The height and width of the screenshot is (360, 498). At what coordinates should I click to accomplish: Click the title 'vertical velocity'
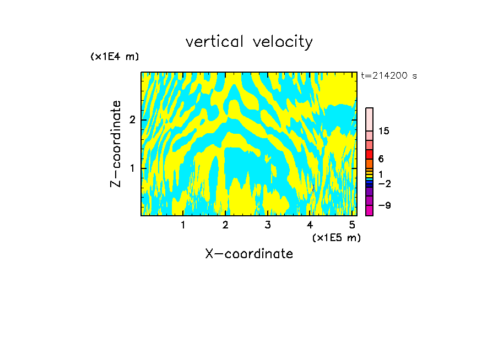249,42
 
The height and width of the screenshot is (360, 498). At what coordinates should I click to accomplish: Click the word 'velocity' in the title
281,42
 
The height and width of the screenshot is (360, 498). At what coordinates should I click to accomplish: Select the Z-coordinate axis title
116,144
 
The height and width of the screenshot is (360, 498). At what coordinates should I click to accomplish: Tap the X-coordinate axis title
249,254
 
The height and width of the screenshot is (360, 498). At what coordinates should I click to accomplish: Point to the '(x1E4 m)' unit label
115,57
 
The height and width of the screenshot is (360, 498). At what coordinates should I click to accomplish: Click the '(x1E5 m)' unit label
336,237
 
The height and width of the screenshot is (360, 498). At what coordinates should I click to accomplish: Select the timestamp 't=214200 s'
389,75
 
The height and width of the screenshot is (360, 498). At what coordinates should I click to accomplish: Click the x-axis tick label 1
183,225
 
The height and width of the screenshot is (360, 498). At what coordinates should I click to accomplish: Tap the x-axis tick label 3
267,225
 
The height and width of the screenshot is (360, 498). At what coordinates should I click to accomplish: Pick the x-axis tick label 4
310,225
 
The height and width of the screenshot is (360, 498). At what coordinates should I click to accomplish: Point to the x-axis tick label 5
352,225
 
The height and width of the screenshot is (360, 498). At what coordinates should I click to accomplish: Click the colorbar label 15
384,131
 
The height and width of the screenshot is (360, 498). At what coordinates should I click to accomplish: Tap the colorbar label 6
381,159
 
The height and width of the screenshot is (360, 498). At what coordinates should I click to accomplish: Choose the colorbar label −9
384,205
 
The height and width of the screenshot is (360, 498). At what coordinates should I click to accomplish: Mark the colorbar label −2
384,183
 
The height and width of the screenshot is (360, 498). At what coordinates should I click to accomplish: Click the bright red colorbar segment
369,154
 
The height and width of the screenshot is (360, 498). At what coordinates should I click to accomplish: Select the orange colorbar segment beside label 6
369,163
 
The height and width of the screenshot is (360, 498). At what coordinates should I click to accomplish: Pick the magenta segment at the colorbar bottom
369,210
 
